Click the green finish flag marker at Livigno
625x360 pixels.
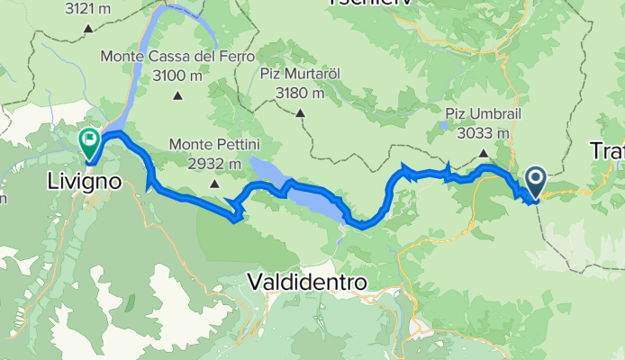pyautogui.click(x=90, y=140)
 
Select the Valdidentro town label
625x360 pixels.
pyautogui.click(x=307, y=282)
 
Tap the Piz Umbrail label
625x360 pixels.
pyautogui.click(x=484, y=114)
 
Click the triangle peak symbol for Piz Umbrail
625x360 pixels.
pyautogui.click(x=484, y=153)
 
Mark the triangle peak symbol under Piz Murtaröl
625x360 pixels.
pyautogui.click(x=298, y=113)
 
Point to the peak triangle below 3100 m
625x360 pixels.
pyautogui.click(x=177, y=95)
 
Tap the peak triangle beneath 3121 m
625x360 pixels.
pyautogui.click(x=88, y=28)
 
